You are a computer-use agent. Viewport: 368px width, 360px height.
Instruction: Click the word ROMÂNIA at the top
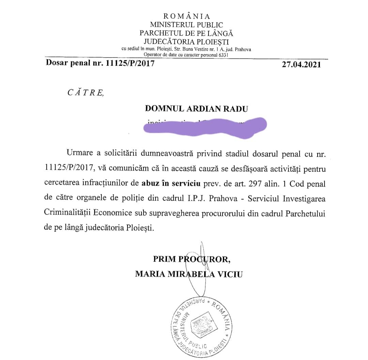tap(187, 16)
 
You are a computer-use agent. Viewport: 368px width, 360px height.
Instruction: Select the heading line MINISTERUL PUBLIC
tap(187, 25)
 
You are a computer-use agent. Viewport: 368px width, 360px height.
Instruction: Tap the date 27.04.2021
tap(301, 64)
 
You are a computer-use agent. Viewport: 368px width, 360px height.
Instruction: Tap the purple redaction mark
tap(204, 128)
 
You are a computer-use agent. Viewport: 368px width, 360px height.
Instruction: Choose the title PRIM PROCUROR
tap(192, 259)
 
